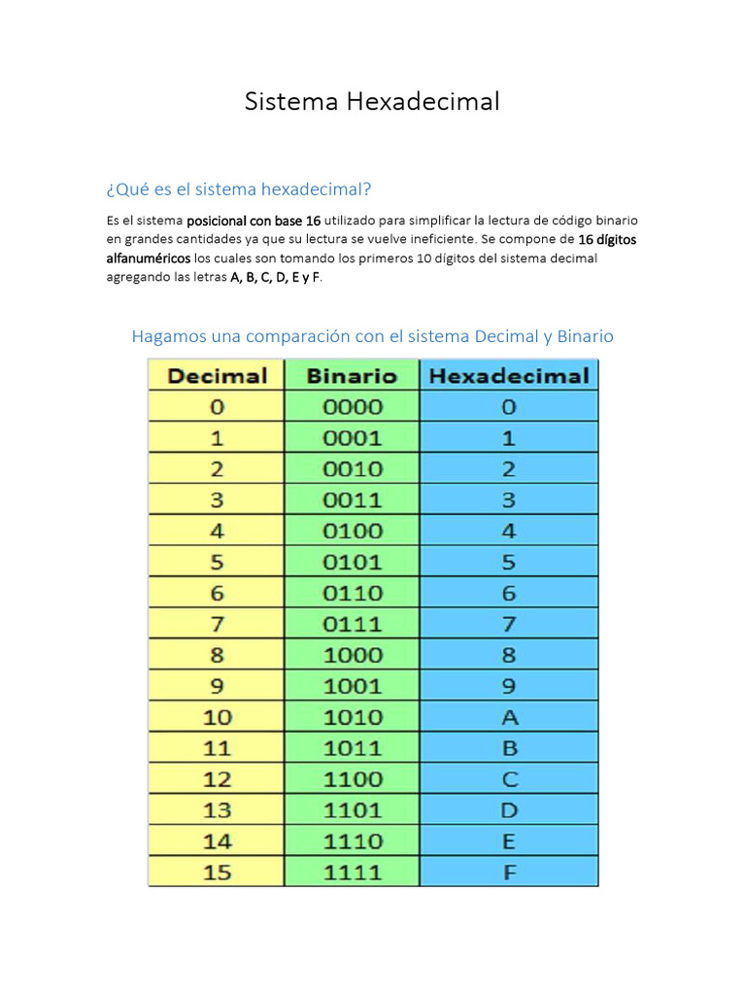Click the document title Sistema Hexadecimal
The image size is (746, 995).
372,101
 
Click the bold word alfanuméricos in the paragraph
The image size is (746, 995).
149,258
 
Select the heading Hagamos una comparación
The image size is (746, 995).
372,336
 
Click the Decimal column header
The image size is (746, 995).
217,376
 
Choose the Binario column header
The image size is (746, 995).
352,376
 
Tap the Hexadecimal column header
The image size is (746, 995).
509,376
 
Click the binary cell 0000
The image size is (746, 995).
352,407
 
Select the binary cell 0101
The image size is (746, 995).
352,563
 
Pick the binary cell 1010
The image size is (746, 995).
352,718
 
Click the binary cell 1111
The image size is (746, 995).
352,873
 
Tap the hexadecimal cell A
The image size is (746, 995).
509,718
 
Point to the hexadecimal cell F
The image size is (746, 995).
509,873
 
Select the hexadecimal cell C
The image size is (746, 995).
509,779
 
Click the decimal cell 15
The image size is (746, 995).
217,873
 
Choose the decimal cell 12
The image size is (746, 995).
217,779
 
